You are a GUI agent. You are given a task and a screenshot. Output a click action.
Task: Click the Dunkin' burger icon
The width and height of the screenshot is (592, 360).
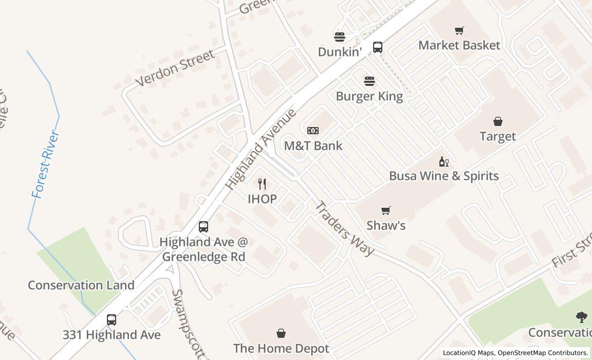pyautogui.click(x=339, y=37)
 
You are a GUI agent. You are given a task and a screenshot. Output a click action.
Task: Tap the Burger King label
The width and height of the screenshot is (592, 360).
pyautogui.click(x=369, y=96)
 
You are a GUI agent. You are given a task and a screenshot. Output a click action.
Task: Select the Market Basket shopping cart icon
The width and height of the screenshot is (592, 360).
pyautogui.click(x=459, y=31)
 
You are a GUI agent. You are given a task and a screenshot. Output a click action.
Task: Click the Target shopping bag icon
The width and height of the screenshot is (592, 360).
pyautogui.click(x=497, y=121)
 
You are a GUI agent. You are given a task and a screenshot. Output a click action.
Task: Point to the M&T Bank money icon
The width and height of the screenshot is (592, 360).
pyautogui.click(x=312, y=131)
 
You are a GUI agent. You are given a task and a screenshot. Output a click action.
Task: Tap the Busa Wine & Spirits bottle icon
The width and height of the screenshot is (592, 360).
pyautogui.click(x=443, y=161)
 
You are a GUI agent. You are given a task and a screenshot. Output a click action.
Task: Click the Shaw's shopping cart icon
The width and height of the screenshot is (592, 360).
pyautogui.click(x=385, y=210)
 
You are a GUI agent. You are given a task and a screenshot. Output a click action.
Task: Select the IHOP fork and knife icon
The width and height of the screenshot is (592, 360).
pyautogui.click(x=262, y=184)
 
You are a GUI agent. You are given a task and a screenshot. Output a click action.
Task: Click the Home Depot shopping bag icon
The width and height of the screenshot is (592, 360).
pyautogui.click(x=281, y=334)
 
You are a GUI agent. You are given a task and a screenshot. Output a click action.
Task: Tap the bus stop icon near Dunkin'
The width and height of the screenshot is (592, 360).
pyautogui.click(x=377, y=47)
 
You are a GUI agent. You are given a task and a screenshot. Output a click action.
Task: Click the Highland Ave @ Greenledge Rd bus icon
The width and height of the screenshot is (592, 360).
pyautogui.click(x=203, y=227)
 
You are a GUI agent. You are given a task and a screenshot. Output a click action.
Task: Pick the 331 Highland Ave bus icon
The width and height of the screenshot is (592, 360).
pyautogui.click(x=111, y=320)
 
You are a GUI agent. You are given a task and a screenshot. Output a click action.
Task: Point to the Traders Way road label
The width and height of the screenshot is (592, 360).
pyautogui.click(x=344, y=228)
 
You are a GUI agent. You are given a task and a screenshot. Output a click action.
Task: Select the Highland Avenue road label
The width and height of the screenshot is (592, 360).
pyautogui.click(x=261, y=149)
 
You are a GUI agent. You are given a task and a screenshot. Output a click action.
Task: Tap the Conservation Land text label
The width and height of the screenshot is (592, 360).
pyautogui.click(x=81, y=285)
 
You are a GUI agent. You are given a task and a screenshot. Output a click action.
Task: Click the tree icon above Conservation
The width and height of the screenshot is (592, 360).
pyautogui.click(x=581, y=317)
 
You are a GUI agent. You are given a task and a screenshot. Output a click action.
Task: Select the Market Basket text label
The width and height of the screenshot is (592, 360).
pyautogui.click(x=459, y=45)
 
